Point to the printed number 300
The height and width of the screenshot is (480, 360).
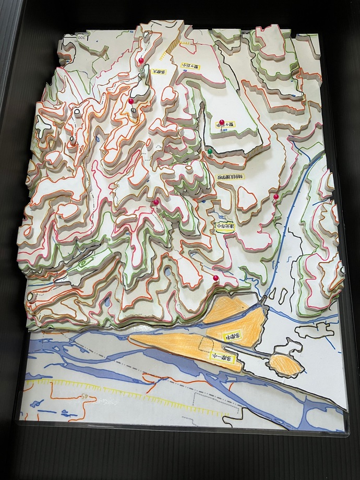click(x=82, y=38)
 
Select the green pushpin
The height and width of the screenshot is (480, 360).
click(x=210, y=151)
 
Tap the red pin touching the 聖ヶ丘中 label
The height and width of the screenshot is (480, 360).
click(x=221, y=123)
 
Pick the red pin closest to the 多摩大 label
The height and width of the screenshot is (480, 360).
click(x=140, y=62)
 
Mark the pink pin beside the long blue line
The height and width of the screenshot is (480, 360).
click(x=275, y=197)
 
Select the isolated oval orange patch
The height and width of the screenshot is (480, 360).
click(x=285, y=364)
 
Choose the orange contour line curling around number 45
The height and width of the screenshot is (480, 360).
click(x=78, y=407)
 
